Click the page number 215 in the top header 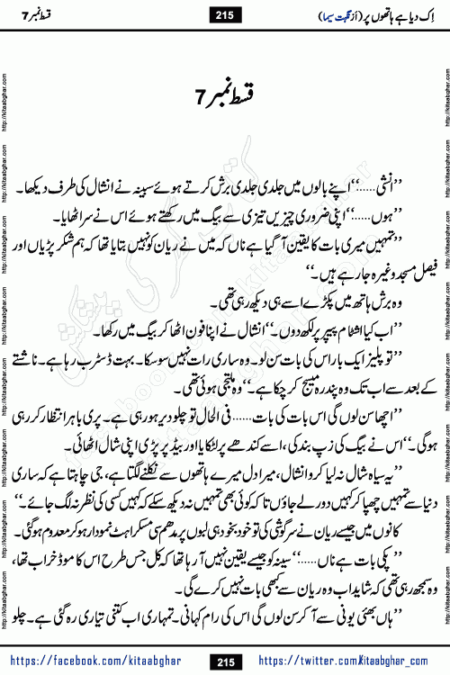coord(224,13)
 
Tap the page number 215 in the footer coord(224,662)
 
